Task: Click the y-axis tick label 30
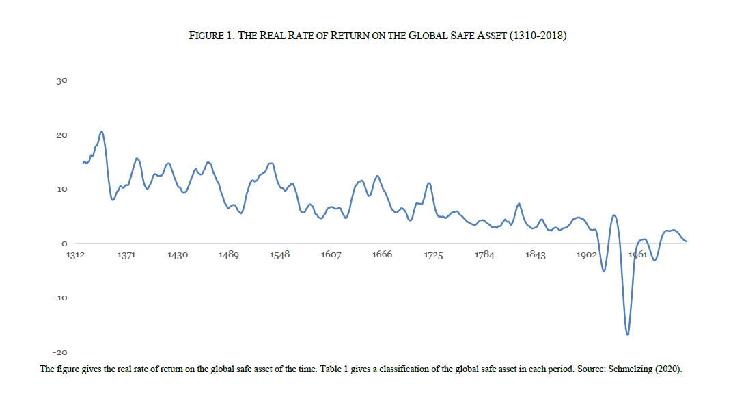[61, 81]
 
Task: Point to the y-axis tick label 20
[61, 135]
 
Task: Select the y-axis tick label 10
[61, 189]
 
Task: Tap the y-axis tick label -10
[60, 298]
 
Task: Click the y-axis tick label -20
[60, 352]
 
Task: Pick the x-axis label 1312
[75, 254]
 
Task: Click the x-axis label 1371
[126, 254]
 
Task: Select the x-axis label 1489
[229, 254]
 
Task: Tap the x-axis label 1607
[331, 254]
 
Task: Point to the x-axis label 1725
[433, 254]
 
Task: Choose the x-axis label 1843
[536, 254]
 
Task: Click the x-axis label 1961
[637, 254]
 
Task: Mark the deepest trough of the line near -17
[627, 335]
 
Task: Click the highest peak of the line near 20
[101, 131]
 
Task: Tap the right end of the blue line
[686, 241]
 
